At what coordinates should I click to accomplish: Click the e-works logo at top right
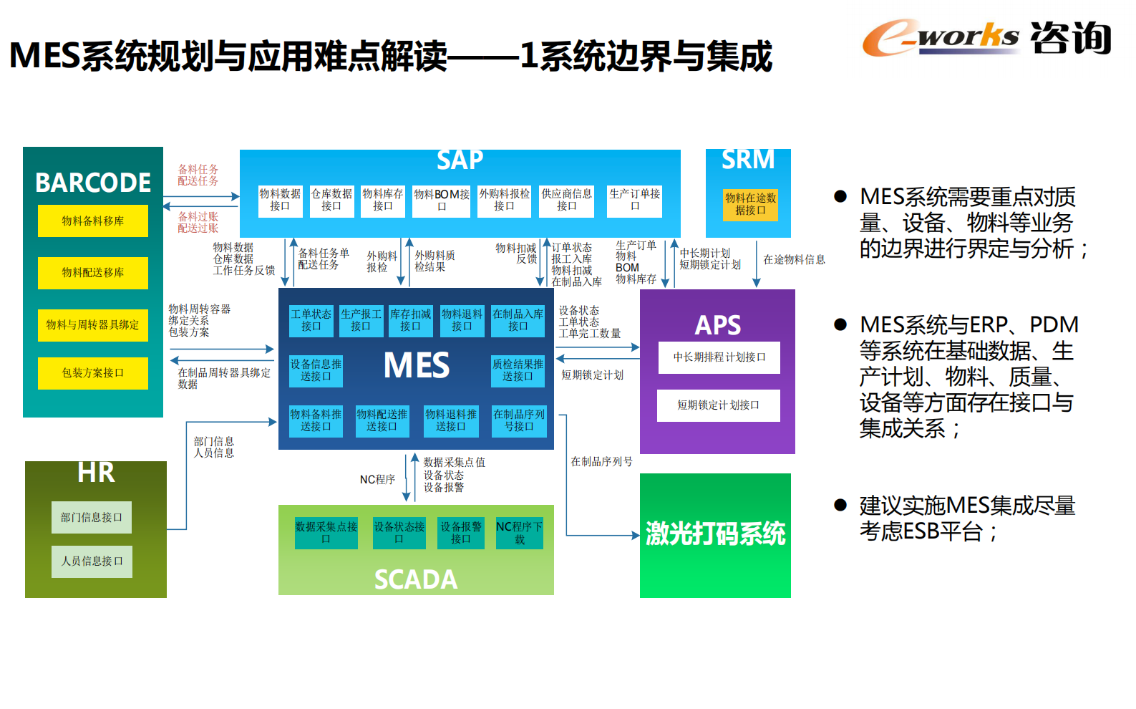pos(986,37)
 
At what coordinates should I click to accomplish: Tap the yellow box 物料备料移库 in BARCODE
pos(93,221)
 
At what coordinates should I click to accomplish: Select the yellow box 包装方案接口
pos(93,373)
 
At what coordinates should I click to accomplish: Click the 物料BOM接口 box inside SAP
pos(442,201)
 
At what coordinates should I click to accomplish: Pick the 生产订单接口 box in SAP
pos(634,201)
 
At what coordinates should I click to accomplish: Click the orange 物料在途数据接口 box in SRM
pos(750,204)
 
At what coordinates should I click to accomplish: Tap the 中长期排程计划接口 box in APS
pos(719,357)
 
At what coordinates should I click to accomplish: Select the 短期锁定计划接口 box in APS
pos(718,405)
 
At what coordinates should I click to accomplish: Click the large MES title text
pos(417,366)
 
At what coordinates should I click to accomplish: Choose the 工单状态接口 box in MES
pos(311,321)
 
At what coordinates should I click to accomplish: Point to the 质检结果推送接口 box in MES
pos(518,370)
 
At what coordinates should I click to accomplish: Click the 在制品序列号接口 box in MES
pos(519,420)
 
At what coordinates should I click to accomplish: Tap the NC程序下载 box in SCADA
pos(519,533)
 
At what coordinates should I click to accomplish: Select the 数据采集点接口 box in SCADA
pos(326,533)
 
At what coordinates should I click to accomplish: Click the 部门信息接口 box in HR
pos(92,517)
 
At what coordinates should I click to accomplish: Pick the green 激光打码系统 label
pos(715,534)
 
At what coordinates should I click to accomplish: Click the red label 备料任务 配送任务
pos(198,175)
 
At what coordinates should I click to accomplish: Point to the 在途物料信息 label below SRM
pos(794,260)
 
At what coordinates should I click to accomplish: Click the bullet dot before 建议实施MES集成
pos(840,506)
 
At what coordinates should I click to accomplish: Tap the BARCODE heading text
pos(93,183)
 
